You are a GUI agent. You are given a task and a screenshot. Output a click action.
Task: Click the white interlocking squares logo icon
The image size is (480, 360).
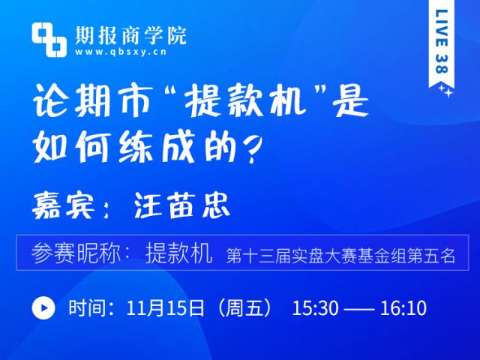coord(49,40)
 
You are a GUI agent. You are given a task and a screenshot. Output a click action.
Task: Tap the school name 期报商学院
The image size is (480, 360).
coord(130,35)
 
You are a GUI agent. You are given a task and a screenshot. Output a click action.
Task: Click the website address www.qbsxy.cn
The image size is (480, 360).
coord(121,52)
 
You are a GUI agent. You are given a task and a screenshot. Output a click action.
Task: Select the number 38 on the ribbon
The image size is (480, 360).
coord(442,64)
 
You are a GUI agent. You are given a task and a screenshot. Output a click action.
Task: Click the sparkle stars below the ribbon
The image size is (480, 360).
coord(446,91)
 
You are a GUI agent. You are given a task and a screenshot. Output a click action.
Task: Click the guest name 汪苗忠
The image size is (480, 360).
coord(181,205)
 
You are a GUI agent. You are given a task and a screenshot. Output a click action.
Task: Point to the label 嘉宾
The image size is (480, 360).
coord(63,205)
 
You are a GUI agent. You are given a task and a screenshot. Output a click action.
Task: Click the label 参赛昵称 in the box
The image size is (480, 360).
coord(76,253)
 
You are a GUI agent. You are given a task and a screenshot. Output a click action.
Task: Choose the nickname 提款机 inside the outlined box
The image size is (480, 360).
coord(178,253)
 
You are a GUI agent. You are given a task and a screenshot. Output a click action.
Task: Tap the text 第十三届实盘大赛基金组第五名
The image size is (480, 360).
coord(340,256)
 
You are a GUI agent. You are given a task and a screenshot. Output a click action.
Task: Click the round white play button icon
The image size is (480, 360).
coord(43,307)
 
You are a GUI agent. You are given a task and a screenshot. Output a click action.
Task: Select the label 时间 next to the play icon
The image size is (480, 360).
coord(88,307)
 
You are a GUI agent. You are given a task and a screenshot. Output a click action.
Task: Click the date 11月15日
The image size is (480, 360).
coord(165,307)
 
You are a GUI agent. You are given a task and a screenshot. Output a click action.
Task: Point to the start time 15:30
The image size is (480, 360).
coord(316,308)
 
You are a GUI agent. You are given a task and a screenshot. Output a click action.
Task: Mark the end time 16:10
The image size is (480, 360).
coord(403,308)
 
